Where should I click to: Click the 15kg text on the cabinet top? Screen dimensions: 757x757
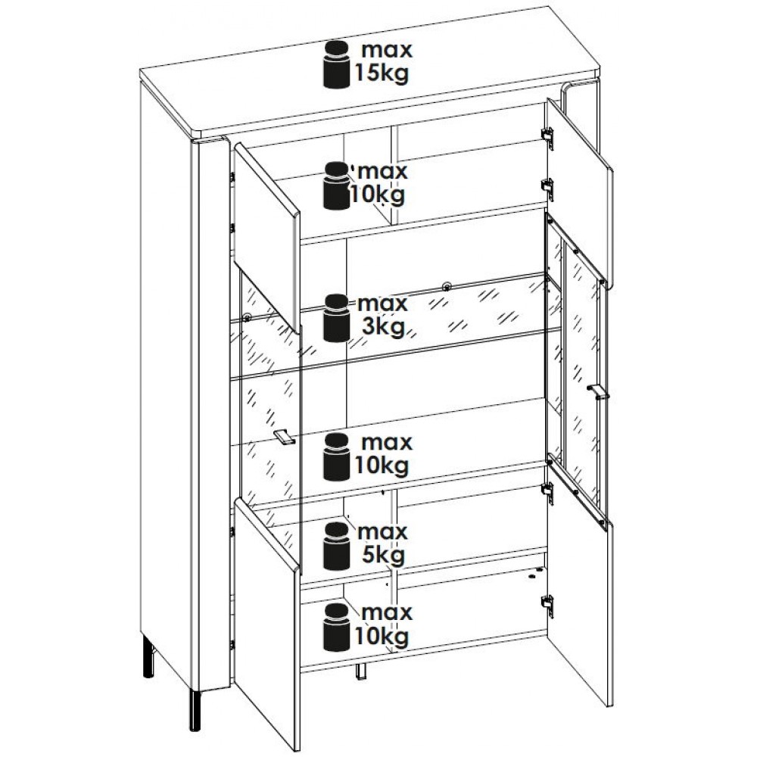tap(382, 73)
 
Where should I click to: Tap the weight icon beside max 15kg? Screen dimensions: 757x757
tap(337, 64)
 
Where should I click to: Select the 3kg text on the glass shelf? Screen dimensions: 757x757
tap(383, 327)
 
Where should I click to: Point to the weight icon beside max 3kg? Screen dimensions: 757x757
tap(337, 318)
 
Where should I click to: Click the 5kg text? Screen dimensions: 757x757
tap(383, 555)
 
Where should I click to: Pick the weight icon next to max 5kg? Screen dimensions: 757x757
tap(337, 546)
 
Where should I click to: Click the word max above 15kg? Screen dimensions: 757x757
tap(387, 50)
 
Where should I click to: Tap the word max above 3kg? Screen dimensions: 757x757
tap(383, 304)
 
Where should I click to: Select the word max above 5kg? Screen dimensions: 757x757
tap(383, 532)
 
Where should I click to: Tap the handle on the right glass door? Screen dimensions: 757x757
tap(598, 391)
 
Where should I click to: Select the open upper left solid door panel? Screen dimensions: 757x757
tap(266, 236)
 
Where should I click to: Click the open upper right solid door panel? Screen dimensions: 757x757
tap(579, 193)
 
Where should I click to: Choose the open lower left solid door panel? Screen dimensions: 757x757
tap(267, 623)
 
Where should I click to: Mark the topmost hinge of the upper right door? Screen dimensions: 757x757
tap(548, 134)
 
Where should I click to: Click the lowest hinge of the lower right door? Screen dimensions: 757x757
tap(547, 603)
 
